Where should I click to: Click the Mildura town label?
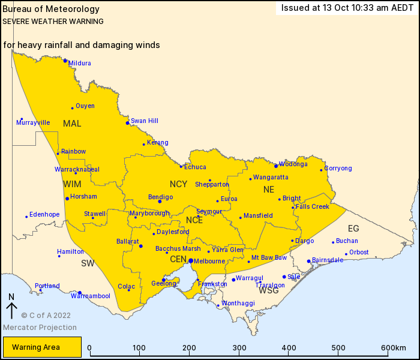click(80, 63)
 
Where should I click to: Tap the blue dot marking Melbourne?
click(190, 260)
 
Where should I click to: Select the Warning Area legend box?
click(41, 347)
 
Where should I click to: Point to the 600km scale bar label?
click(393, 348)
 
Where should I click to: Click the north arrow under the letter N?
click(11, 310)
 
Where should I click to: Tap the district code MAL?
click(72, 123)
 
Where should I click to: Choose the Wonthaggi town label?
click(236, 304)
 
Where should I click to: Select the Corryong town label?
click(338, 169)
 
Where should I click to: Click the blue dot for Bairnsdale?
click(308, 261)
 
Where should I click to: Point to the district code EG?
click(353, 228)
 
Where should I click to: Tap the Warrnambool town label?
click(91, 296)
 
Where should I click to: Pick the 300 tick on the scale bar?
click(239, 348)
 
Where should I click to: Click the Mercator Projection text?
click(40, 328)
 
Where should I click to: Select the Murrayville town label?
click(33, 122)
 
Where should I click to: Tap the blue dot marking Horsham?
click(67, 199)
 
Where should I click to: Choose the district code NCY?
click(178, 184)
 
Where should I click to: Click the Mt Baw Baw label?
click(269, 257)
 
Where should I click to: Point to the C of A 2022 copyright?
click(46, 315)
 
